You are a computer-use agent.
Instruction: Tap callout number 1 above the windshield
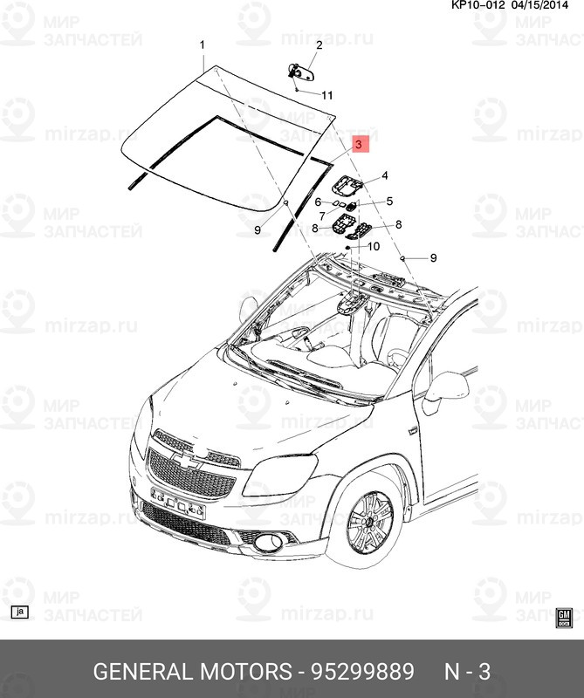203,45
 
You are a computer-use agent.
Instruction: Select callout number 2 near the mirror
319,45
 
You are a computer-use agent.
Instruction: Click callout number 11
327,95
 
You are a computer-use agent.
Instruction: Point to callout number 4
384,175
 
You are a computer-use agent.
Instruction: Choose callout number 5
389,202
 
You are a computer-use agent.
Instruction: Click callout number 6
318,202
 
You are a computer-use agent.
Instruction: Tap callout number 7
322,216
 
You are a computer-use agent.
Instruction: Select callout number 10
374,246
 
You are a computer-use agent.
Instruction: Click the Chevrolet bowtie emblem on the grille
186,462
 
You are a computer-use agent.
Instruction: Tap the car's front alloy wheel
370,522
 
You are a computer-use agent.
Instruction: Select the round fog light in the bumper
268,541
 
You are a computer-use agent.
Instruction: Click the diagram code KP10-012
478,5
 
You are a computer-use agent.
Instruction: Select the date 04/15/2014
539,5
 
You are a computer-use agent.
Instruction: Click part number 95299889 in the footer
362,671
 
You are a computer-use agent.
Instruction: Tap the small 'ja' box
19,612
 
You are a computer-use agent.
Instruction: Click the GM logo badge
564,618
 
